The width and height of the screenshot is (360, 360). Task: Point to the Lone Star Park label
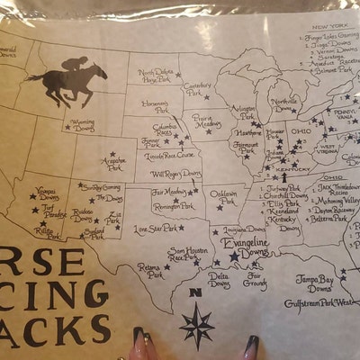(x=156, y=229)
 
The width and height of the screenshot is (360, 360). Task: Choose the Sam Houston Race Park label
(x=184, y=256)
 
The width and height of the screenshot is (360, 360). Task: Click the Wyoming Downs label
(x=82, y=123)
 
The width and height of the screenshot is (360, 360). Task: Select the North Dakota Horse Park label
(x=154, y=76)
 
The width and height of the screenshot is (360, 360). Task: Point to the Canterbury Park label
(x=197, y=89)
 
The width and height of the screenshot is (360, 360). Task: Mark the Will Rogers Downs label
(x=175, y=174)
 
